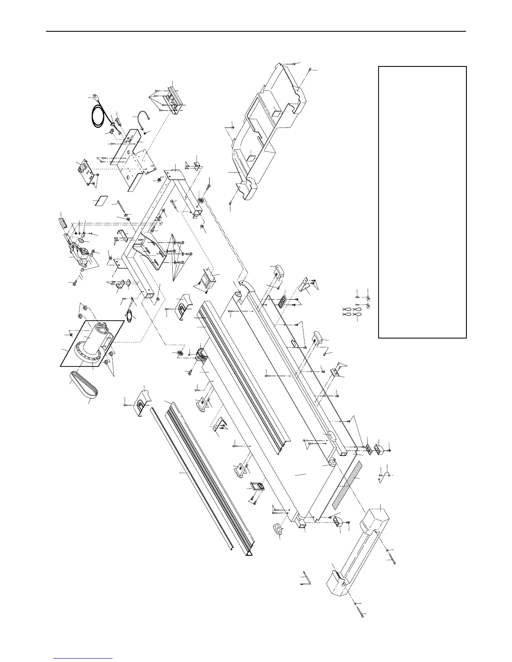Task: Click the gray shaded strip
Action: click(x=346, y=484)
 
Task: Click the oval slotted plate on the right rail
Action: click(x=282, y=301)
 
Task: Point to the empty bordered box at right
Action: click(x=422, y=202)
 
